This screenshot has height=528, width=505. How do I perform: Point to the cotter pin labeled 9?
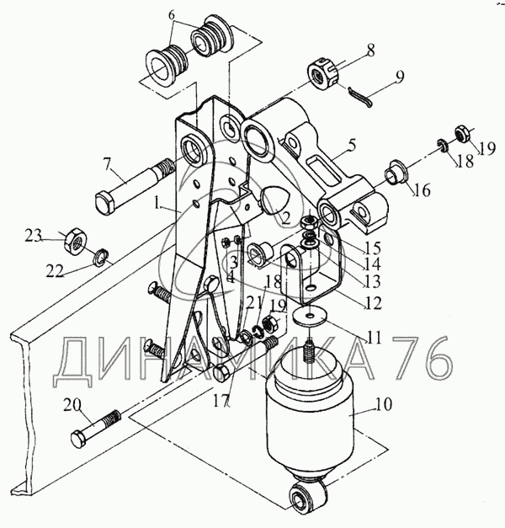click(x=360, y=97)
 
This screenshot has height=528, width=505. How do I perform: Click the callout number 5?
click(x=352, y=145)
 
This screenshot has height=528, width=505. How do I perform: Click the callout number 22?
click(x=55, y=271)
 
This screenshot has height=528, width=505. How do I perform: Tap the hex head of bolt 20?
click(x=80, y=439)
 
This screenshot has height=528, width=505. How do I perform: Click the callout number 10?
click(x=384, y=405)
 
